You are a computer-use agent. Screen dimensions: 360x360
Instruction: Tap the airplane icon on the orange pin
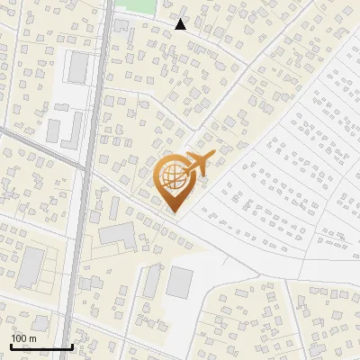coord(197,164)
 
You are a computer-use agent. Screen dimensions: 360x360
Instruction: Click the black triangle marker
coord(181,25)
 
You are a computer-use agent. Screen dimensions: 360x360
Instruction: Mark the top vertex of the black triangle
coord(181,19)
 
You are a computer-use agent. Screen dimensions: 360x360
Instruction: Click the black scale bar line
coord(41,346)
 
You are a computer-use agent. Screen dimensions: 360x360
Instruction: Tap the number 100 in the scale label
coord(19,338)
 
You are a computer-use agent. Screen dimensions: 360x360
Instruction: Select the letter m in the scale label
coord(32,338)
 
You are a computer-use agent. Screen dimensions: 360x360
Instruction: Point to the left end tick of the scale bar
coord(12,345)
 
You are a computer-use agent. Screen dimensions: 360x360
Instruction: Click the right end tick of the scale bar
coord(72,345)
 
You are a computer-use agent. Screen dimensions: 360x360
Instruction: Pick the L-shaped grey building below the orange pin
coord(118,236)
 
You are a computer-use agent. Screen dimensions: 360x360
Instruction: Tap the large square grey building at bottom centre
coord(180,282)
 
